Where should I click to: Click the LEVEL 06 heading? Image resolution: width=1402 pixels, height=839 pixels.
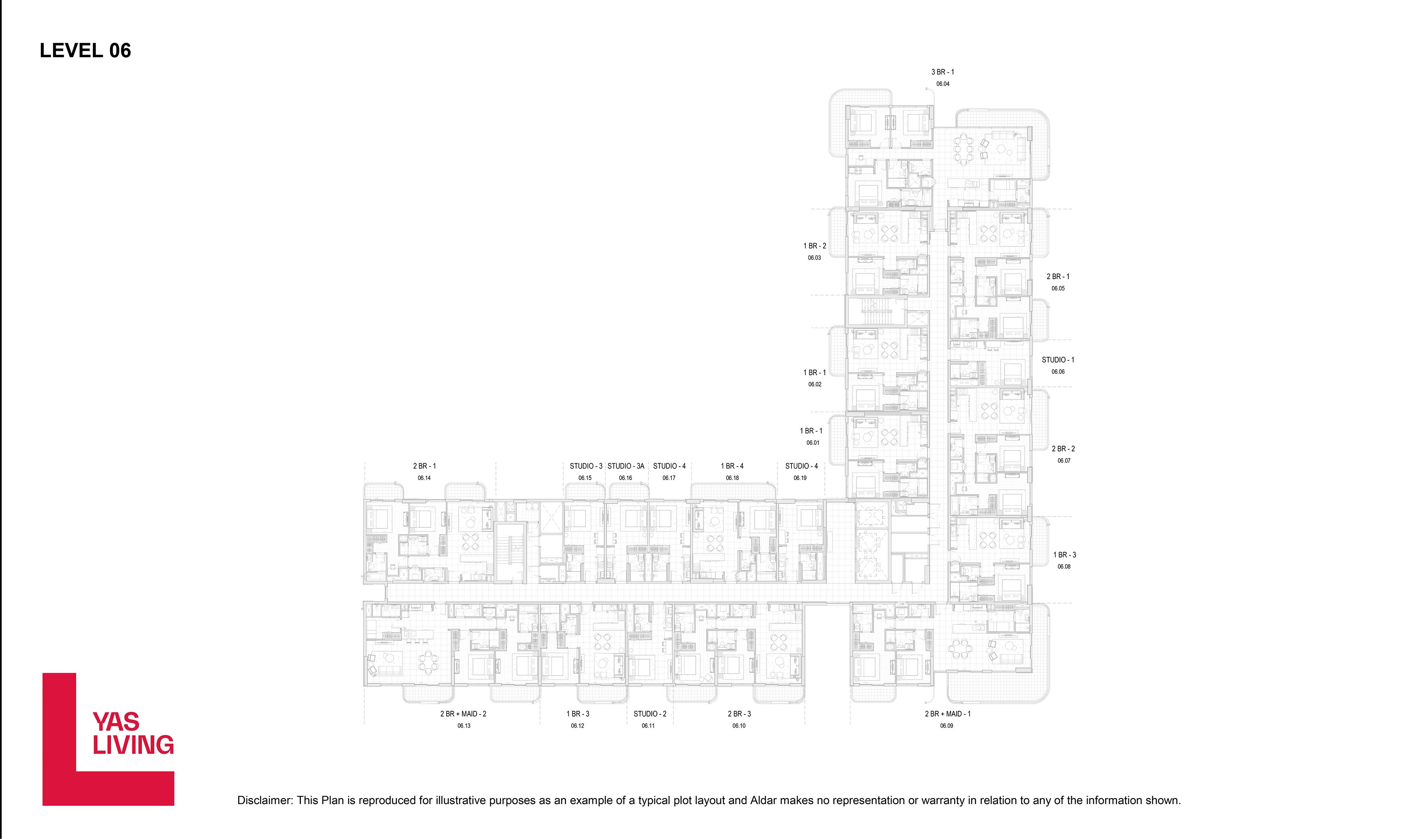coord(85,50)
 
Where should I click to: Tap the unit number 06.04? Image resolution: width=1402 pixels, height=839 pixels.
coord(943,84)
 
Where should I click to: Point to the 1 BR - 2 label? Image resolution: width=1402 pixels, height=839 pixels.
coord(815,246)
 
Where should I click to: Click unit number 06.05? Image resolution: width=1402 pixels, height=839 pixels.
coord(1058,288)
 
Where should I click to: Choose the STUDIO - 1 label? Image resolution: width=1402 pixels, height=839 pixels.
coord(1058,360)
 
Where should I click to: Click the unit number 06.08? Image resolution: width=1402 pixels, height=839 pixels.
coord(1064,567)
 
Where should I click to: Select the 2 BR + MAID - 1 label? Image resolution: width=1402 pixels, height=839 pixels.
coord(947,714)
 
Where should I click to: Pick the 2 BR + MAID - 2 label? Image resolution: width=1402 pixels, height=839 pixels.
coord(463,714)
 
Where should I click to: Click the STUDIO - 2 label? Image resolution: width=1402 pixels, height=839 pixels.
coord(650,714)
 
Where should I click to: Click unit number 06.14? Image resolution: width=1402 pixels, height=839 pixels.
coord(424,478)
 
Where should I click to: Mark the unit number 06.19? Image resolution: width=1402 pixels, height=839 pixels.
coord(800,478)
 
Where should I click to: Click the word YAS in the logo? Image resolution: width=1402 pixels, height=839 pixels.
coord(116,722)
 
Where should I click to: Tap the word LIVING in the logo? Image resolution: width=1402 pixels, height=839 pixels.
coord(133,745)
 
